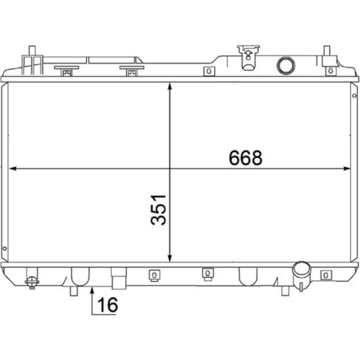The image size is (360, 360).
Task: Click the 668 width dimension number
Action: point(245,158)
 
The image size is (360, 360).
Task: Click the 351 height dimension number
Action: point(158,210)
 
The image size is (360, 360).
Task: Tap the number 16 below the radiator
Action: point(107,304)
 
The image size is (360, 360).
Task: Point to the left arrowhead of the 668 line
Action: point(13,169)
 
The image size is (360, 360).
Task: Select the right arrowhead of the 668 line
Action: point(347,169)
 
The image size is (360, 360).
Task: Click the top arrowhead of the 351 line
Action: point(170,86)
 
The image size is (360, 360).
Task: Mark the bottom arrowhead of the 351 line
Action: point(170,258)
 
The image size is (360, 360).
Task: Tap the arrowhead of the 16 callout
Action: point(92,291)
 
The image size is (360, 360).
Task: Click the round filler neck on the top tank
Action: point(286,65)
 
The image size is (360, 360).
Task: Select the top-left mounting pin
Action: point(32,50)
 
